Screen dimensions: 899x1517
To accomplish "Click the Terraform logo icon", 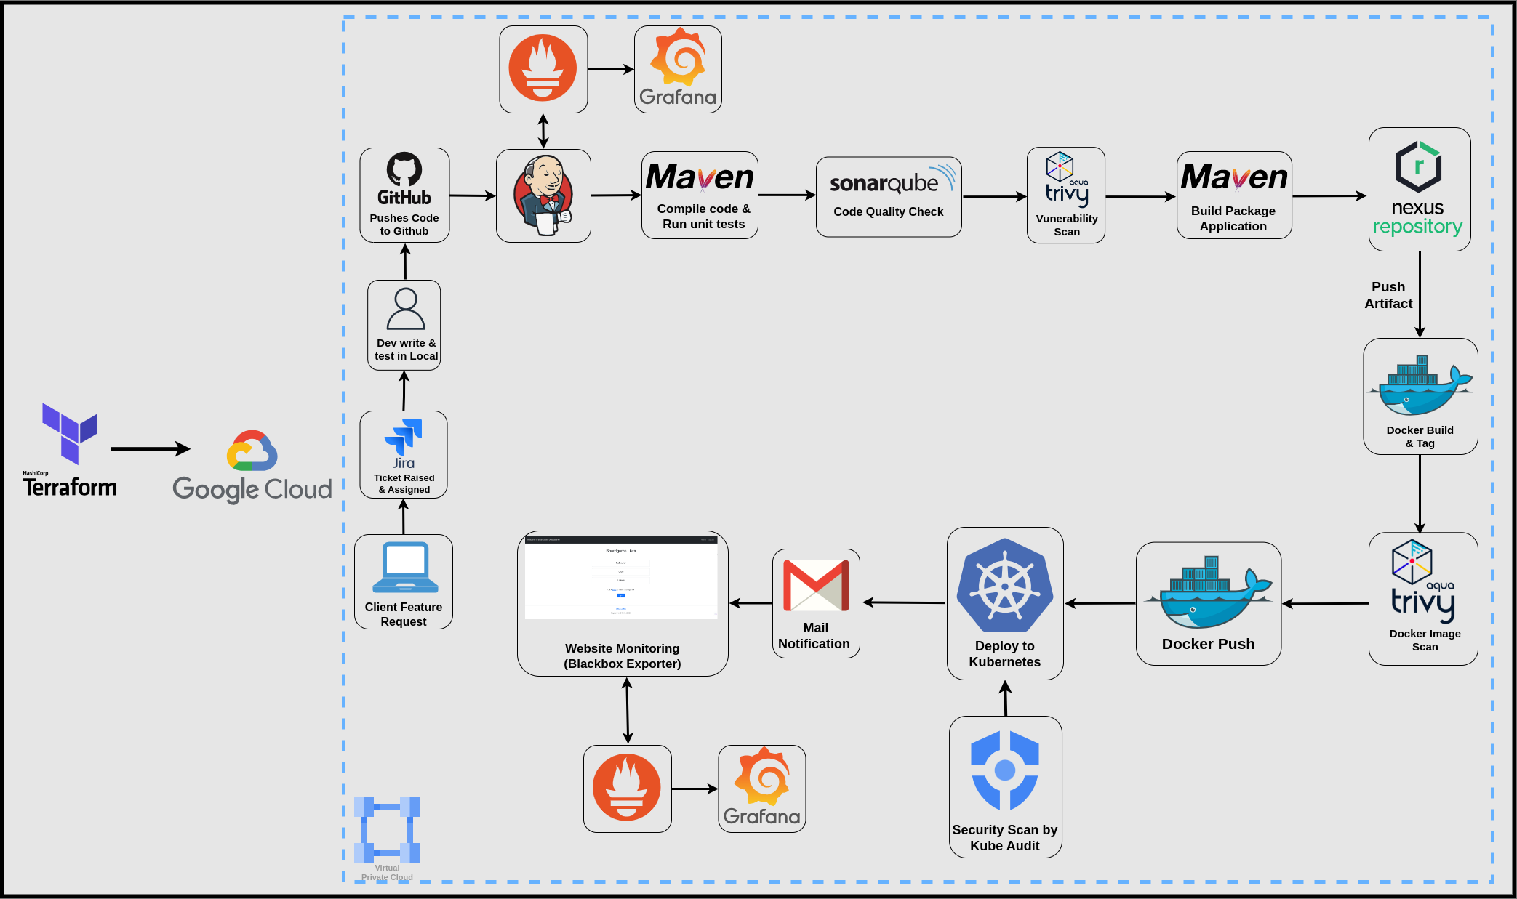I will (69, 433).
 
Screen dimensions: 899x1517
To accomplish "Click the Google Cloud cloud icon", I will (252, 451).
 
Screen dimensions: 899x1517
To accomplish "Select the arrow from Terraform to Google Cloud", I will (150, 448).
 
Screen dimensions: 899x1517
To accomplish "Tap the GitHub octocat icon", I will (404, 169).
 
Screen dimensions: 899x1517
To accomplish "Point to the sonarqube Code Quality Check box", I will (888, 197).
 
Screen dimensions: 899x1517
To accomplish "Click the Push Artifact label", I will (1388, 295).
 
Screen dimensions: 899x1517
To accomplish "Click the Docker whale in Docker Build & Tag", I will (1420, 386).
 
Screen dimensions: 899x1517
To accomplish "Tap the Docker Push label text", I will (1208, 644).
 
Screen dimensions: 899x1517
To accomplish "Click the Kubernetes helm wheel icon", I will (1005, 585).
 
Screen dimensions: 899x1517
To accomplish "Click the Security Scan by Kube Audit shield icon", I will (1005, 770).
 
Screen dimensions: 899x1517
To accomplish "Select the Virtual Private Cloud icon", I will (387, 829).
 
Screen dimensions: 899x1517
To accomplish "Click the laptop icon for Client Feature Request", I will (405, 568).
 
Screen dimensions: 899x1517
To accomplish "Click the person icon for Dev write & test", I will (405, 310).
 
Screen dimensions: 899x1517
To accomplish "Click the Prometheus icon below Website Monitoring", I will (627, 788).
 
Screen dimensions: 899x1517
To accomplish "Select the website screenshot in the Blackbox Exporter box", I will (621, 578).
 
